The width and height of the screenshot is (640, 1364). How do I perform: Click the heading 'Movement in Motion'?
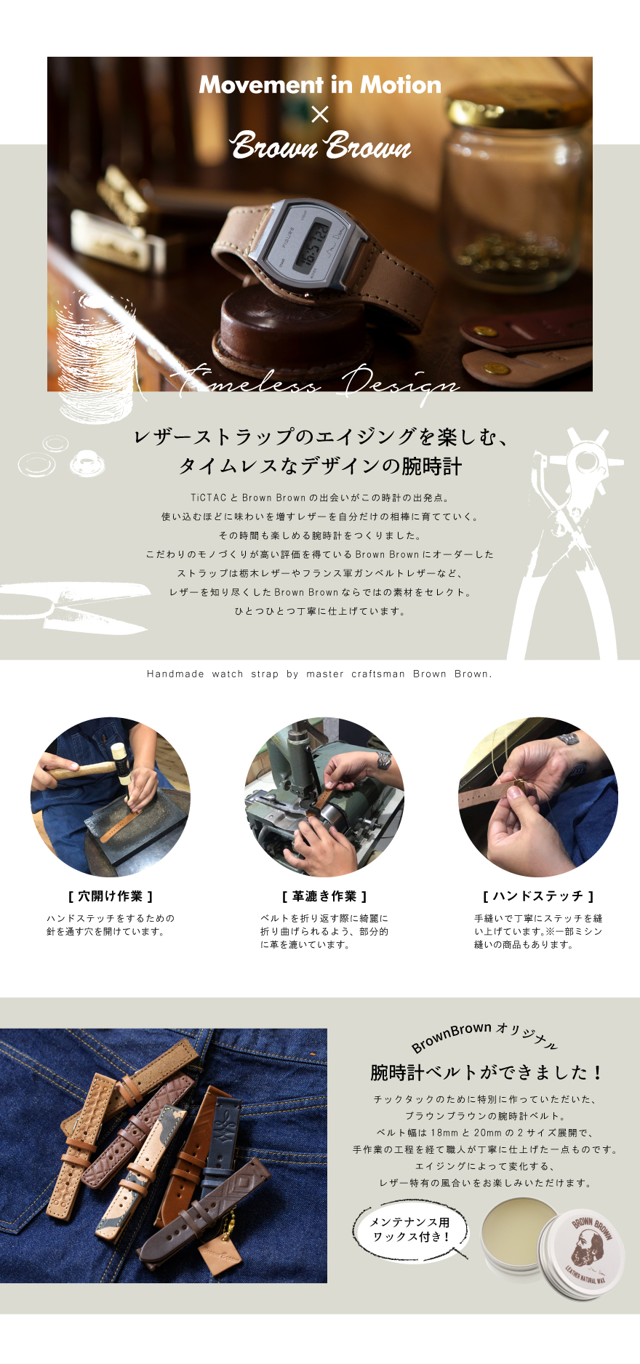(x=320, y=84)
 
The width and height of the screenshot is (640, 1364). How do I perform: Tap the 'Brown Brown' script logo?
(x=321, y=145)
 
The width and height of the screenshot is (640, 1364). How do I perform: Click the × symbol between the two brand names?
(x=320, y=114)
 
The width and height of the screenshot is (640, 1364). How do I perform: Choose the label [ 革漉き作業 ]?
(x=324, y=896)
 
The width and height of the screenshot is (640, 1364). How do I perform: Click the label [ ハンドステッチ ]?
(x=538, y=896)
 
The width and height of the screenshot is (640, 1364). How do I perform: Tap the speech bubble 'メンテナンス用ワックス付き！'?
(x=410, y=1229)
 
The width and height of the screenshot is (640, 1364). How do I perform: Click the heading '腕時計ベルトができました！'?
(x=487, y=1072)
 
